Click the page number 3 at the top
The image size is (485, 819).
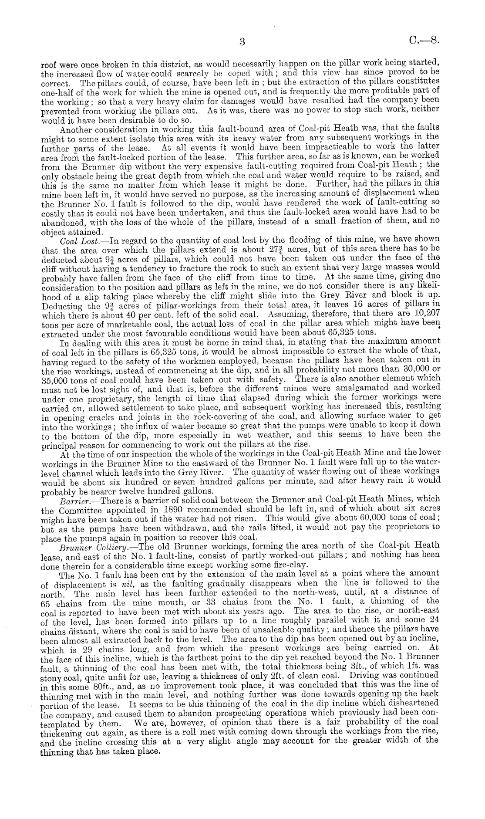(x=242, y=42)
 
